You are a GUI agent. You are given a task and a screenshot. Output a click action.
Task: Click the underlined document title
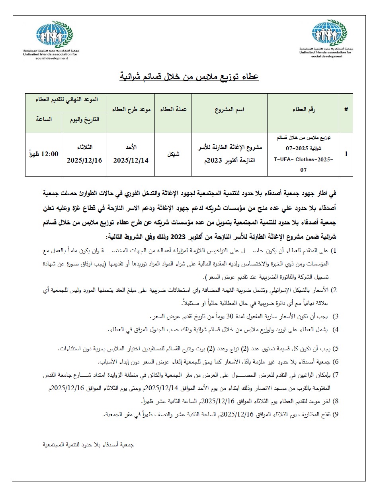pyautogui.click(x=189, y=75)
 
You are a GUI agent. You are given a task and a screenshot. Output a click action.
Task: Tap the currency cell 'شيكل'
pyautogui.click(x=174, y=154)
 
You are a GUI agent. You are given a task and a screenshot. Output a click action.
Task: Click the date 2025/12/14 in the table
pyautogui.click(x=131, y=160)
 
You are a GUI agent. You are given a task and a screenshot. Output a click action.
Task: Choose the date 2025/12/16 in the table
pyautogui.click(x=84, y=160)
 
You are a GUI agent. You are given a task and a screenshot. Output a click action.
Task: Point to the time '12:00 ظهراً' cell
pyautogui.click(x=44, y=154)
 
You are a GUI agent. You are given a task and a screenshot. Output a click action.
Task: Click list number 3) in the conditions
pyautogui.click(x=335, y=317)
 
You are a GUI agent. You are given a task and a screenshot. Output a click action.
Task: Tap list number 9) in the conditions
pyautogui.click(x=335, y=415)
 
